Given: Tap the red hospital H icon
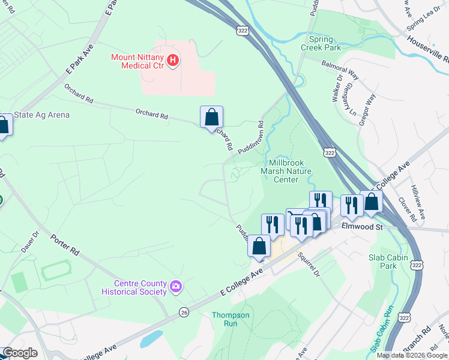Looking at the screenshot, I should pyautogui.click(x=173, y=60).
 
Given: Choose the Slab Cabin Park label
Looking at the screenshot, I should pyautogui.click(x=388, y=261).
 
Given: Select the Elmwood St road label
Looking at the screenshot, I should pyautogui.click(x=362, y=227).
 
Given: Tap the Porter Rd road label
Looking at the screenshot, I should pyautogui.click(x=65, y=243).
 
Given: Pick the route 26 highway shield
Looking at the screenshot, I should pyautogui.click(x=184, y=312).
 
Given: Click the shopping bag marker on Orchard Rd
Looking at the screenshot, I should pyautogui.click(x=211, y=117).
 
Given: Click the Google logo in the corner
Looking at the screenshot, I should pyautogui.click(x=20, y=353).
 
